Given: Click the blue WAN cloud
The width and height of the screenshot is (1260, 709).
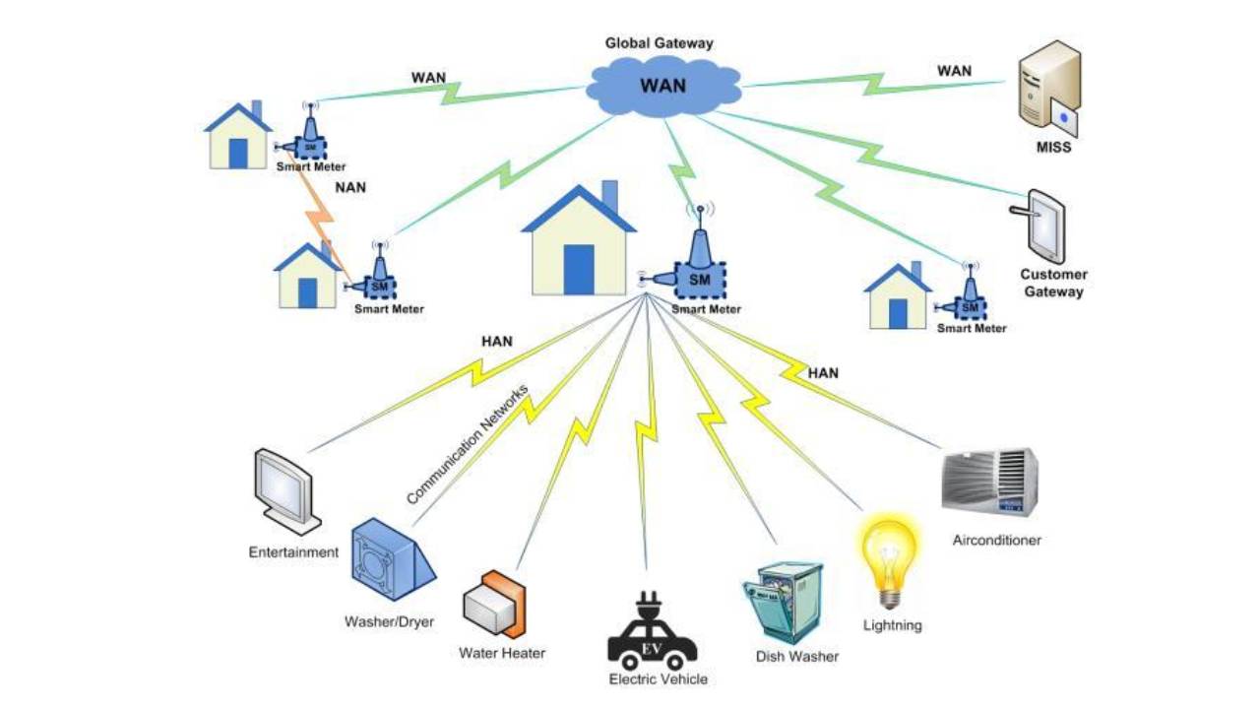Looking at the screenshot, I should point(661,87).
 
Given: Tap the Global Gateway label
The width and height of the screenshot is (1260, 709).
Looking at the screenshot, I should point(659,43).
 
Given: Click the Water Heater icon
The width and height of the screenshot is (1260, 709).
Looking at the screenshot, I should point(494,604).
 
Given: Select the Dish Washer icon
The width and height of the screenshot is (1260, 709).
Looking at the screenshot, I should point(783,601).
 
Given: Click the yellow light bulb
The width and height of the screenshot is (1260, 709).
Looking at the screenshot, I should point(890,556).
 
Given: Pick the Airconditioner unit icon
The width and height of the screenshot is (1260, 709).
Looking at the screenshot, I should point(989,483).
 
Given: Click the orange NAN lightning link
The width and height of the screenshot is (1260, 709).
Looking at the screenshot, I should point(324,226).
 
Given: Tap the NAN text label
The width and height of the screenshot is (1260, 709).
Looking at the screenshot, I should point(350,187).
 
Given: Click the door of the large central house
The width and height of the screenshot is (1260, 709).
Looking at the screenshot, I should point(579,269).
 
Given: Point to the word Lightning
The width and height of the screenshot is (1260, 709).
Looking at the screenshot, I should point(892,625).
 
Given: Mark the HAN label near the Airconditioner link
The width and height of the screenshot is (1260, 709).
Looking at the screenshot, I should point(823,373).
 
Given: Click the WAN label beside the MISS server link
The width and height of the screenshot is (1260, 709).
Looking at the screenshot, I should point(953,71).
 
